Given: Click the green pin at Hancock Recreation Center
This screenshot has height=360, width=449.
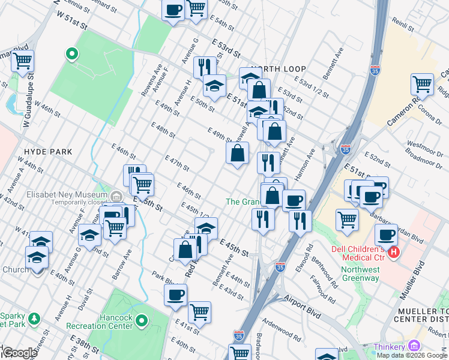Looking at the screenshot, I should pos(142,321).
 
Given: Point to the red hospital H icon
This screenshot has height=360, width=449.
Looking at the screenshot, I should pos(394,253).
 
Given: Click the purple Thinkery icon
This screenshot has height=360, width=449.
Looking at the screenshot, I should pos(413,346).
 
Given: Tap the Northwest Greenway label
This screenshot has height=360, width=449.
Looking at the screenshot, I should pos(360,274).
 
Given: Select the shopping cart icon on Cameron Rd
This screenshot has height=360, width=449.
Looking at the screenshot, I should pos(423,85).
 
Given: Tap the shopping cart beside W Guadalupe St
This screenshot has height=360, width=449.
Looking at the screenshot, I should pos(22,61).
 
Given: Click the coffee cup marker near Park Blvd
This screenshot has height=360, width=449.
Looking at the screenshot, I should pos(176,295).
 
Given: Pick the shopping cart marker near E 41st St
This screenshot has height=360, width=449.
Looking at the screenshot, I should pos(199,311).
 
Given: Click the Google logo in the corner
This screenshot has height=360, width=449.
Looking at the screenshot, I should pos(19,353).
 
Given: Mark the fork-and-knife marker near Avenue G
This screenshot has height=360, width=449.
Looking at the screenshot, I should pos(205,67).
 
